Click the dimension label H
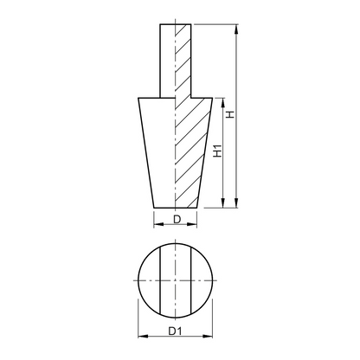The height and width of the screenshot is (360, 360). [x=230, y=114]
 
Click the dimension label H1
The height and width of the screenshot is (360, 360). [x=218, y=151]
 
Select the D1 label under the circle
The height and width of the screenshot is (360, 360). [x=176, y=331]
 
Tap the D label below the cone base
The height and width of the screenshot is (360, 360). [x=177, y=220]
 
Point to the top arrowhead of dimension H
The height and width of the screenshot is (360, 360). [x=236, y=29]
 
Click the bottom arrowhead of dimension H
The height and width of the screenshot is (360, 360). [x=236, y=202]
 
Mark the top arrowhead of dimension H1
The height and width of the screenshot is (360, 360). [x=223, y=103]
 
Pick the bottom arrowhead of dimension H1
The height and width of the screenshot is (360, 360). [x=223, y=202]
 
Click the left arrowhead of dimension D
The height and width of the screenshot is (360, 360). [x=158, y=224]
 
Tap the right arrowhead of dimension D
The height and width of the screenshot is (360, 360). [x=192, y=224]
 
